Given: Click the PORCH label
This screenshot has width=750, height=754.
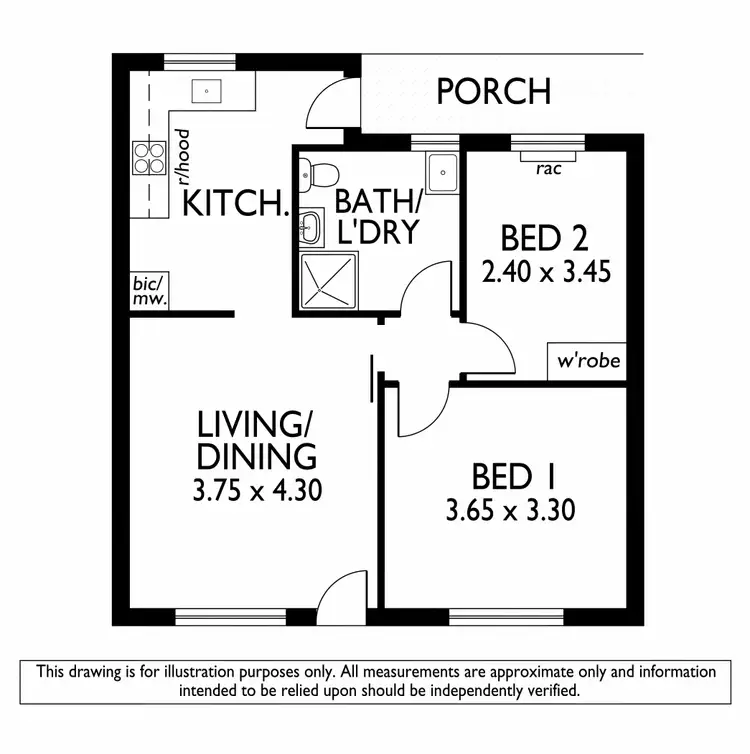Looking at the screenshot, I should (493, 91).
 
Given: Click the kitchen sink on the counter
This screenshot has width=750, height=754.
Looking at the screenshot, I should (207, 92).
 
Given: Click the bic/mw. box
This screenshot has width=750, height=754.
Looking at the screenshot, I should (149, 291).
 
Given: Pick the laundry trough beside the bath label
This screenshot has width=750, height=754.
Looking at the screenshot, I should (441, 174).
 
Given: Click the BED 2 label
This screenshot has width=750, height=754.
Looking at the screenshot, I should (543, 239).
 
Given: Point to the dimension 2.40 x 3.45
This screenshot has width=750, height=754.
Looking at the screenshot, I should (546, 271).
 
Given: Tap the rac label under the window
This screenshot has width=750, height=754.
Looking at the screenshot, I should (547, 169).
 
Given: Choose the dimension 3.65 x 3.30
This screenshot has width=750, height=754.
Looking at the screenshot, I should (510, 511).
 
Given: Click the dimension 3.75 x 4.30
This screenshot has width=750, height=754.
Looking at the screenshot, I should (257, 491).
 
